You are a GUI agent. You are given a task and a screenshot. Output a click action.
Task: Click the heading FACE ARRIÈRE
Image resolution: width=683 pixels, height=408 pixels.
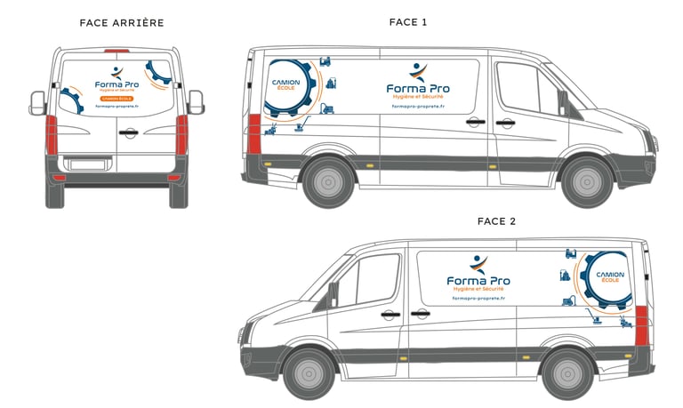121,22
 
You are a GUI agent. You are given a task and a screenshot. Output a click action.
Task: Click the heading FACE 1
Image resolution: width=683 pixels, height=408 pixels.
408,22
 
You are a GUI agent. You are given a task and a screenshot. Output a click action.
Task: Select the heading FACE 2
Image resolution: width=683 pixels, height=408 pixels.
496,221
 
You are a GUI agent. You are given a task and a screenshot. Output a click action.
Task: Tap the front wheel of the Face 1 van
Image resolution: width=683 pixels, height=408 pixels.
587,181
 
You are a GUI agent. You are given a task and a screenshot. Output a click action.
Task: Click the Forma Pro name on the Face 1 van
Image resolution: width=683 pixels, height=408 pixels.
418,88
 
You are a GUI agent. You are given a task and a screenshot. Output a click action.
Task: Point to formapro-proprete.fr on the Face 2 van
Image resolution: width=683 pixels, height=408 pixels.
478,299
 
